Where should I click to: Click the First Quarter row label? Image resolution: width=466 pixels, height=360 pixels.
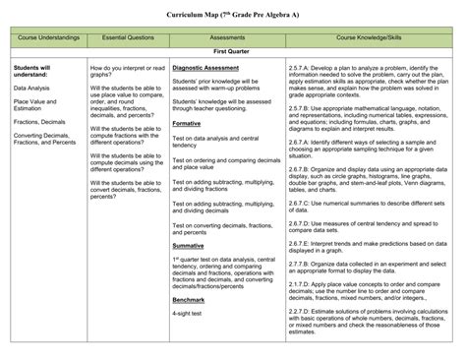pos(233,48)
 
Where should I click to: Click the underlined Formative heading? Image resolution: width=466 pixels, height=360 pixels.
pos(187,124)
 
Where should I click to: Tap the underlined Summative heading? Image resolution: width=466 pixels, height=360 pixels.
pos(189,245)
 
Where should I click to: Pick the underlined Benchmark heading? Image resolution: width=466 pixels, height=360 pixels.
pos(190,299)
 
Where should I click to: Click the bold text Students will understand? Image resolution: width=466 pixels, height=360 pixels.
pos(34,71)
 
